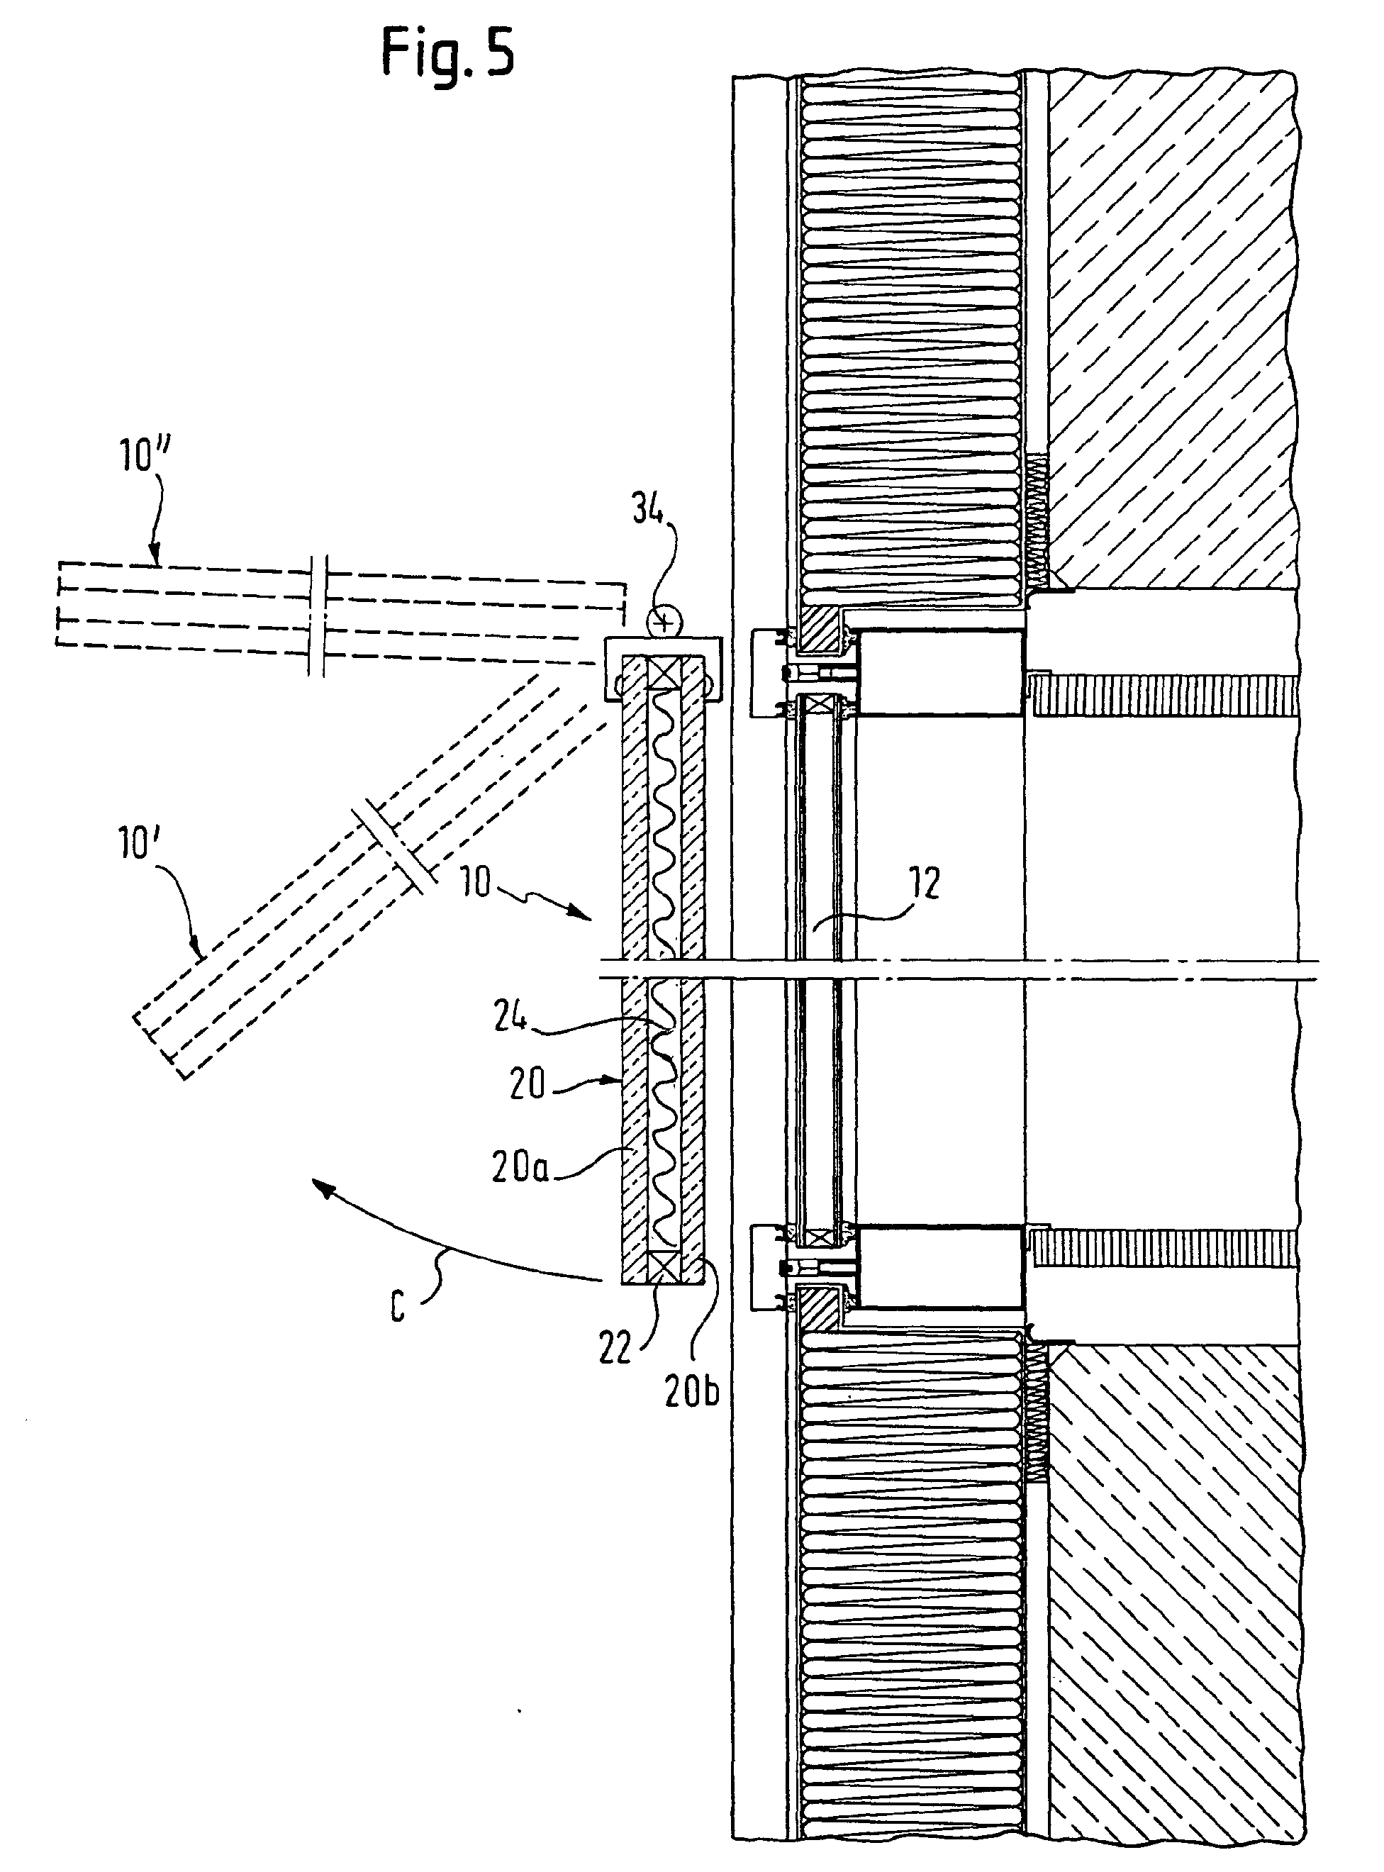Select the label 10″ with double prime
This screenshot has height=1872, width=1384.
point(143,456)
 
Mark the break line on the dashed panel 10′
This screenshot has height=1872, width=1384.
point(393,847)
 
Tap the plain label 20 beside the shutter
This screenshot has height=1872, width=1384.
point(527,1085)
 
